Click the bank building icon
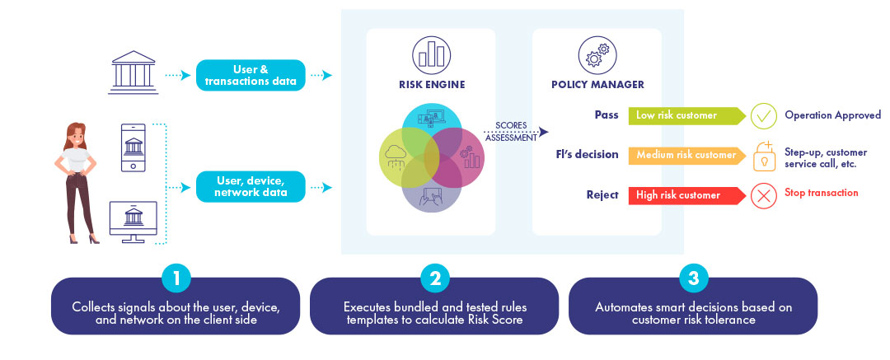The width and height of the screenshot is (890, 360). (133, 72)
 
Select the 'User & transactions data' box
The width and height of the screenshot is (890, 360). (251, 75)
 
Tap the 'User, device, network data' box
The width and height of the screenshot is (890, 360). (251, 187)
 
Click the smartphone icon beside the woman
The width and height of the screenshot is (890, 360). (133, 147)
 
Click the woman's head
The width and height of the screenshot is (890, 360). (76, 135)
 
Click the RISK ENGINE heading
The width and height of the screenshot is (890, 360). (431, 85)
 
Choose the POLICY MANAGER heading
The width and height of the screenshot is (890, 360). (597, 85)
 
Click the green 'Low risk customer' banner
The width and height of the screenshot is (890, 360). (686, 115)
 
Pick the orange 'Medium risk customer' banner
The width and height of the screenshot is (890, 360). (686, 155)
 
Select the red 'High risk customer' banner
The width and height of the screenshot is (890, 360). (686, 195)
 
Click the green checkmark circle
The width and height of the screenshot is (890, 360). (764, 116)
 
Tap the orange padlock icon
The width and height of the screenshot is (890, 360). (764, 156)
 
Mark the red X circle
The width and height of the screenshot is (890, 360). (764, 196)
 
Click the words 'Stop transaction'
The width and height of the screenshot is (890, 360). (822, 193)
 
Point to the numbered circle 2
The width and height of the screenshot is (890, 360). (435, 278)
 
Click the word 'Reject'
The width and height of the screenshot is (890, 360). (602, 195)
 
